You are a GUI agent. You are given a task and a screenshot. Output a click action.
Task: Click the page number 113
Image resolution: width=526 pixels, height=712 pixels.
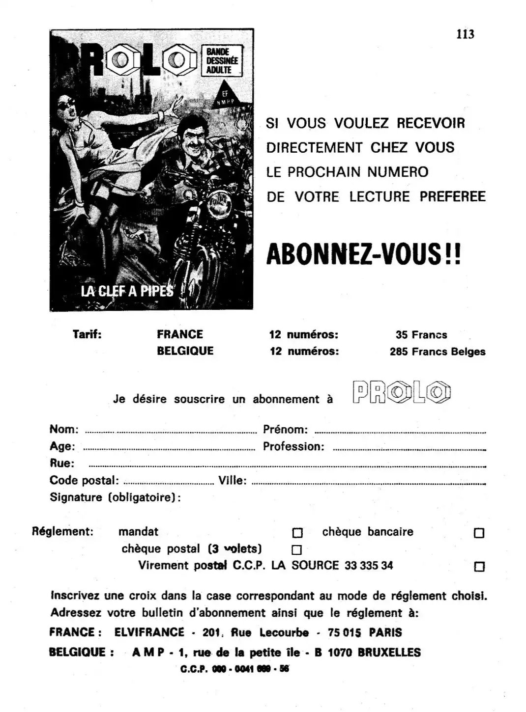pyautogui.click(x=465, y=34)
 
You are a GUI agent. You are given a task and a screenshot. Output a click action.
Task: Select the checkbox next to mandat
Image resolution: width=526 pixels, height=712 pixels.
pyautogui.click(x=297, y=533)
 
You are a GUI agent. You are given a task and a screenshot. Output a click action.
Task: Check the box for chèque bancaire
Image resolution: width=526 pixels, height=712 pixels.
pyautogui.click(x=479, y=533)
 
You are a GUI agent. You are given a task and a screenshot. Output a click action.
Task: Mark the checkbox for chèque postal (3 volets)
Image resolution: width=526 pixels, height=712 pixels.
pyautogui.click(x=296, y=550)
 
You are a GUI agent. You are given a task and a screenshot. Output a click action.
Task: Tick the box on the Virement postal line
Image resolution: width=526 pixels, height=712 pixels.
pyautogui.click(x=479, y=567)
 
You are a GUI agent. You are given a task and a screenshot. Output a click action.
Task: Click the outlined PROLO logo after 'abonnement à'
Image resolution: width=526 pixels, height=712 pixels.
pyautogui.click(x=402, y=393)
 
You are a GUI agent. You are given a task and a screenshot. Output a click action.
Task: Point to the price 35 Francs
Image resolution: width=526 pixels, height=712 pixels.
pyautogui.click(x=421, y=335)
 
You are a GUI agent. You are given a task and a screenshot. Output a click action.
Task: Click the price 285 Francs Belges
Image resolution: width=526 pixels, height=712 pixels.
pyautogui.click(x=438, y=352)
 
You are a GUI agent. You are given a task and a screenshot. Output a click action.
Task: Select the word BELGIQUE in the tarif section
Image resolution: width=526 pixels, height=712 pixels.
pyautogui.click(x=185, y=351)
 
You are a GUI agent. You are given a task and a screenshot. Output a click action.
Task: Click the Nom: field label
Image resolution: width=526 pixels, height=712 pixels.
pyautogui.click(x=64, y=429)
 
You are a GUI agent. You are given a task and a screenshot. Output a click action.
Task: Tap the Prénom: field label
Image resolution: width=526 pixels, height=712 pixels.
pyautogui.click(x=285, y=430)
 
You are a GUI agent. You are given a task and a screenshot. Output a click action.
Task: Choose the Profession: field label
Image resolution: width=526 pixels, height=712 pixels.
pyautogui.click(x=293, y=446)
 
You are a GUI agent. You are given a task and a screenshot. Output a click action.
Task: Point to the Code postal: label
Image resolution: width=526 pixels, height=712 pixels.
pyautogui.click(x=84, y=480)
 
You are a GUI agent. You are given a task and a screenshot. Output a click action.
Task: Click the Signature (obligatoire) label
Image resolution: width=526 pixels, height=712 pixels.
pyautogui.click(x=115, y=497)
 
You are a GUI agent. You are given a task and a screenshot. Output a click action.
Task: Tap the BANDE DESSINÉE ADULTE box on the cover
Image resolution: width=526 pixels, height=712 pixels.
pyautogui.click(x=222, y=61)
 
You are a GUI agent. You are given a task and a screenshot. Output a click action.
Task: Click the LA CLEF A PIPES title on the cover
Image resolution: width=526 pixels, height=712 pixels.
pyautogui.click(x=127, y=291)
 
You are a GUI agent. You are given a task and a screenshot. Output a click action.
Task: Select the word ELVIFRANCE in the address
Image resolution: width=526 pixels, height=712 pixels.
pyautogui.click(x=149, y=632)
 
